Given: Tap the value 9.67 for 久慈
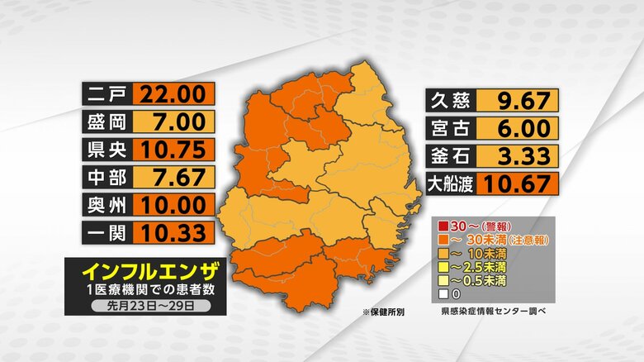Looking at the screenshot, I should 518,101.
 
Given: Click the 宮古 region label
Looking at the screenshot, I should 449,128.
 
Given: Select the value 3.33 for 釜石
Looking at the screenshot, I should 518,155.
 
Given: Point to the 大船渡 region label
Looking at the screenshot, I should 449,183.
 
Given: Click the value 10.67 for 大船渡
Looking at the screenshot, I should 518,183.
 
